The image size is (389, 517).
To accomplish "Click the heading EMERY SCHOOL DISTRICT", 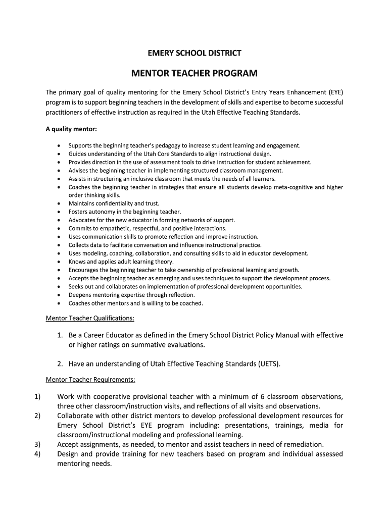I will point(194,53).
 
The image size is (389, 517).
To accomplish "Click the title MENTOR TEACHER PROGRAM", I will point(194,74).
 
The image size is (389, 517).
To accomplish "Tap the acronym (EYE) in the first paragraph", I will point(335,92).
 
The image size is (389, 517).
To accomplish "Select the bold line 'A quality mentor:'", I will point(71,129).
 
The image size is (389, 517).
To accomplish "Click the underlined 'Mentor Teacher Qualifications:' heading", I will point(90,319).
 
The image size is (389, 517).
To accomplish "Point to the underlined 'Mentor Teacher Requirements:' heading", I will point(90,379).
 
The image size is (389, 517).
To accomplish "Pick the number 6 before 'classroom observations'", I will point(263,396).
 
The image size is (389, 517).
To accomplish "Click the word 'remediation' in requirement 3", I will point(302,444).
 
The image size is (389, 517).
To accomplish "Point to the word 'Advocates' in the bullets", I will point(82,220).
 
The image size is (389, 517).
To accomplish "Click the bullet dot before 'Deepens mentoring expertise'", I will point(59,295).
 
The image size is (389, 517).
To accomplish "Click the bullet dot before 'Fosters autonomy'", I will point(59,212).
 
